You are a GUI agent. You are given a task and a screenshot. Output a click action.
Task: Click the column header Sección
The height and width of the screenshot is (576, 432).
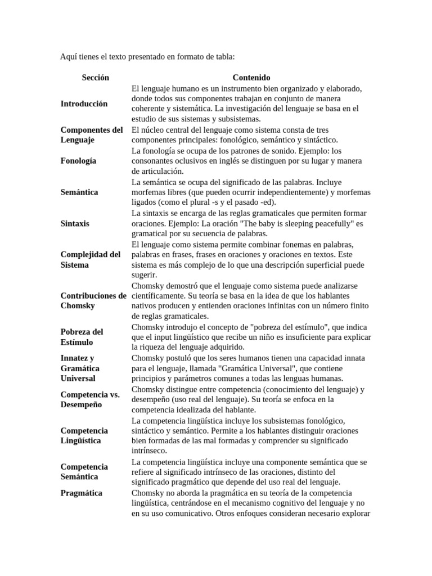click(95, 78)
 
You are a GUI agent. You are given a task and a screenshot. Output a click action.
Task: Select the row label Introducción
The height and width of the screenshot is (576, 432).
click(84, 104)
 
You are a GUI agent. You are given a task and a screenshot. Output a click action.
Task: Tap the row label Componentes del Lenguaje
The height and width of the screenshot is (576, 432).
click(91, 135)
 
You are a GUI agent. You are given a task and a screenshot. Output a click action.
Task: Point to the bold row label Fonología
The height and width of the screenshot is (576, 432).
click(78, 161)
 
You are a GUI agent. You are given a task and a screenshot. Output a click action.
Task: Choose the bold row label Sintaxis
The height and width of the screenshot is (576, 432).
click(75, 223)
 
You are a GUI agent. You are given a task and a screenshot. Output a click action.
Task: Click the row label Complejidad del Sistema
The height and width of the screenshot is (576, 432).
click(90, 260)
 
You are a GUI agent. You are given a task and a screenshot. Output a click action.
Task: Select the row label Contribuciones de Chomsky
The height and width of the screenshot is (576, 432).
click(93, 301)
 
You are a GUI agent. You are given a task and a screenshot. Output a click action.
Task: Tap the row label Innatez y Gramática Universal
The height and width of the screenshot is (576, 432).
click(80, 368)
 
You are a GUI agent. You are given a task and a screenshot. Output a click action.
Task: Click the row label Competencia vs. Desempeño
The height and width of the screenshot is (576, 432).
click(90, 399)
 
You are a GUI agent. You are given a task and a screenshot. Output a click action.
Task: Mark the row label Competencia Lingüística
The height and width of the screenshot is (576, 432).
click(84, 435)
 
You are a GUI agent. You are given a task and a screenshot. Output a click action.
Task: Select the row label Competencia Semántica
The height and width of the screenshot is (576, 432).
click(84, 471)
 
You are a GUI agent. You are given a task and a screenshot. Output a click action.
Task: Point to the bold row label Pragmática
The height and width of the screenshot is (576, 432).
click(82, 493)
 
